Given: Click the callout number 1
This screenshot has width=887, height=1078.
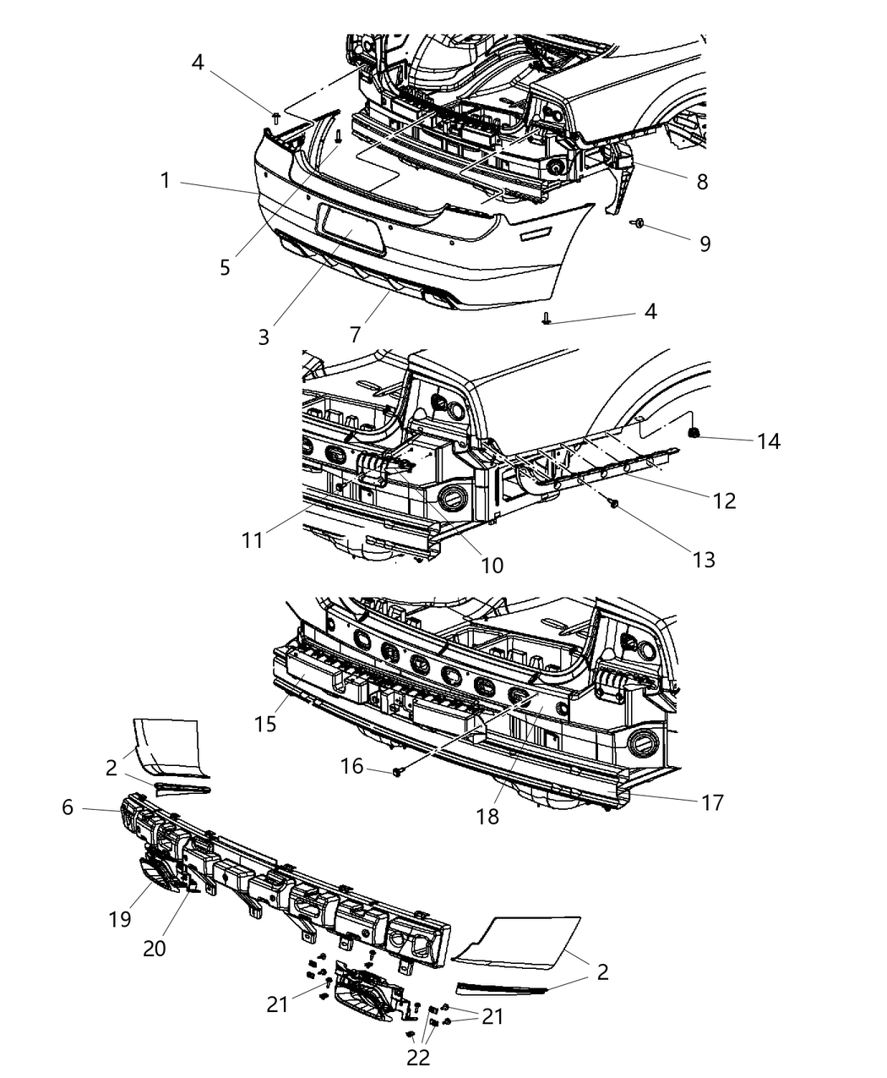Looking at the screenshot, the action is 165,181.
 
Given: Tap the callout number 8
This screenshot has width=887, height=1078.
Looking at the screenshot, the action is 702,182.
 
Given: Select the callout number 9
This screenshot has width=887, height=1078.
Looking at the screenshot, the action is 705,244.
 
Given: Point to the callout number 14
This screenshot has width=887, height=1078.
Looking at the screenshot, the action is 769,441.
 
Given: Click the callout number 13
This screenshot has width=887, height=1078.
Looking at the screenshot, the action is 704,560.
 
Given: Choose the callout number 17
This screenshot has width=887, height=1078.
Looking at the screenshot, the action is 712,803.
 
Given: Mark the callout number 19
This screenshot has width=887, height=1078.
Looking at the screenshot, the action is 120,919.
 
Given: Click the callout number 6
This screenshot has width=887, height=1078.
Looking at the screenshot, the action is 68,807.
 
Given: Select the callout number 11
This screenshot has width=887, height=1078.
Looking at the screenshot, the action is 253,540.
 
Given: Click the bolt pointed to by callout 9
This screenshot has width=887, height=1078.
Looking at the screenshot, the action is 639,223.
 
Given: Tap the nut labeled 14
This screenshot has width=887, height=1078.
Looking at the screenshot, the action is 694,433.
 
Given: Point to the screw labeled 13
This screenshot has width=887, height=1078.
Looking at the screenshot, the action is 613,502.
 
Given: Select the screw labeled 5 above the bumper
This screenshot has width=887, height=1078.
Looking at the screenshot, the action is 339,137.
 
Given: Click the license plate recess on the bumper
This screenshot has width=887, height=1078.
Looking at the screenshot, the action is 352,229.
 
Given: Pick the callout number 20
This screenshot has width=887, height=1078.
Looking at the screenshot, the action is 155,949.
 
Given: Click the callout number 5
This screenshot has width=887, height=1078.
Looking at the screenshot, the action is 225,267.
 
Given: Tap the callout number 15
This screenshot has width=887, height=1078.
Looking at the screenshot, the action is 265,725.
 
